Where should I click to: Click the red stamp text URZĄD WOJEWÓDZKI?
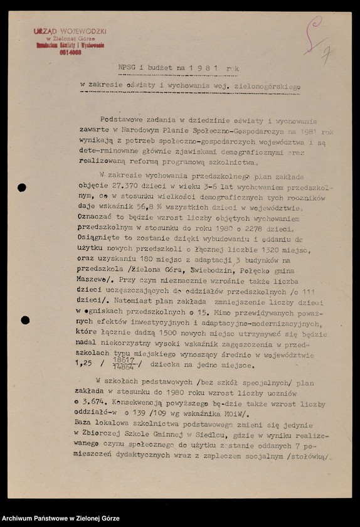(70, 31)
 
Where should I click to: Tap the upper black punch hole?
(22, 187)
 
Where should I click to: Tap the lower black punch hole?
(25, 320)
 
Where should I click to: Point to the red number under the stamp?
(70, 53)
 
